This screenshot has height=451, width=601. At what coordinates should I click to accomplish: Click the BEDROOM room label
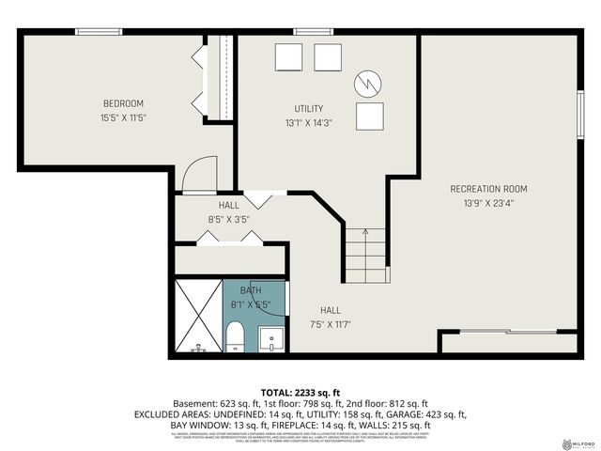click(123, 102)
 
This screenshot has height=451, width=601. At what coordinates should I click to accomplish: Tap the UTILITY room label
click(309, 109)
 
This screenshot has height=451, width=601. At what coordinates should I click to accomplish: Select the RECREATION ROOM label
click(488, 188)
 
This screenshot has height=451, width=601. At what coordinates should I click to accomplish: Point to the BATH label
click(251, 291)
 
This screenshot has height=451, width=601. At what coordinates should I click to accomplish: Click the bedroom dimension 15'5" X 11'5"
click(123, 117)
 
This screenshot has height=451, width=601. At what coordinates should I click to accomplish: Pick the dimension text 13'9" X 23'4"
click(488, 202)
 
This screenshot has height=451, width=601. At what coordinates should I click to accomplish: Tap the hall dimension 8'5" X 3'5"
click(229, 219)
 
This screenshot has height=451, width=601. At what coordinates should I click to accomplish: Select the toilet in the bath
click(235, 336)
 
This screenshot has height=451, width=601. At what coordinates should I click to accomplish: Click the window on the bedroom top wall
click(99, 33)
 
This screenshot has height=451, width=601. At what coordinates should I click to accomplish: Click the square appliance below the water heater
click(370, 116)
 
